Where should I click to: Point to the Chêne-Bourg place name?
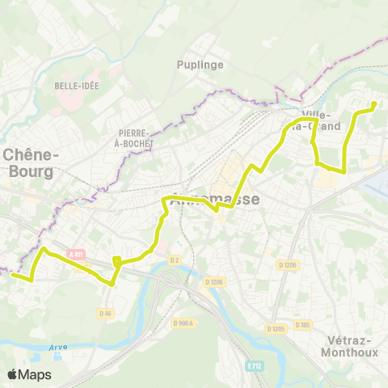click(x=28, y=162)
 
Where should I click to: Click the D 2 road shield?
click(x=173, y=259)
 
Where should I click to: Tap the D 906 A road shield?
click(x=185, y=300)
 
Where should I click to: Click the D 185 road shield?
click(x=303, y=324)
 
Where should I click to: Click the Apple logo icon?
click(x=12, y=374)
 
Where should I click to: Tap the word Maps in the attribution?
click(x=36, y=374)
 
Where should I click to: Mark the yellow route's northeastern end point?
click(x=374, y=103)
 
